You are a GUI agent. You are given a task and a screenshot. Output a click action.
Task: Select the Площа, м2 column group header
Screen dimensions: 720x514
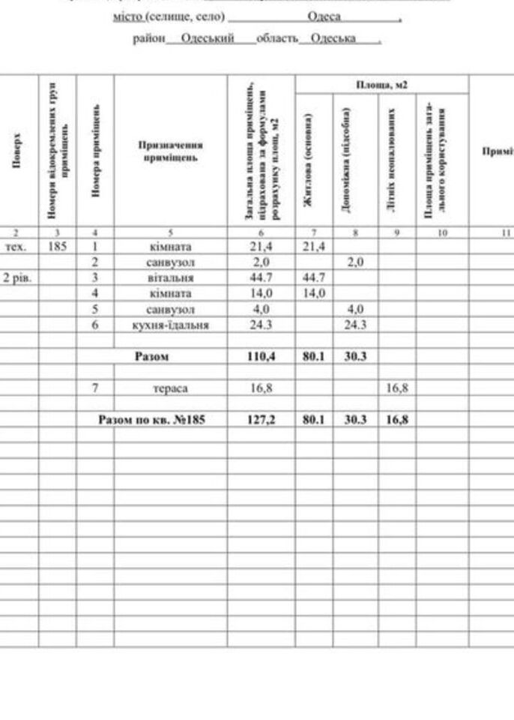pyautogui.click(x=381, y=84)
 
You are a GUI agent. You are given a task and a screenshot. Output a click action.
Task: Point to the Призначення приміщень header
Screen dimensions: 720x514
pyautogui.click(x=170, y=151)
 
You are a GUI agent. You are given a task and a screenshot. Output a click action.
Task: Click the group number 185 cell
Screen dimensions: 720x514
pyautogui.click(x=57, y=246)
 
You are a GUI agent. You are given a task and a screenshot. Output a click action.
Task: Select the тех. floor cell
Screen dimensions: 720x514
pyautogui.click(x=16, y=246)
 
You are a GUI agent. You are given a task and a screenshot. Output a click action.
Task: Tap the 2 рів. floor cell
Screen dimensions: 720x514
pyautogui.click(x=16, y=278)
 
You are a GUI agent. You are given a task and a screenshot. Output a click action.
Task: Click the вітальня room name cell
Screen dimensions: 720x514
pyautogui.click(x=170, y=278)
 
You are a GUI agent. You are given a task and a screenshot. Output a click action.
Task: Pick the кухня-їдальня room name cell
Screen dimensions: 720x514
pyautogui.click(x=170, y=325)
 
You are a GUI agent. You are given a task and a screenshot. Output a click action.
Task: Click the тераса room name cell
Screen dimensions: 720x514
pyautogui.click(x=170, y=388)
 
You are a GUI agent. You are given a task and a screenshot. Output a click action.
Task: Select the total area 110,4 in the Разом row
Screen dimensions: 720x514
pyautogui.click(x=261, y=357)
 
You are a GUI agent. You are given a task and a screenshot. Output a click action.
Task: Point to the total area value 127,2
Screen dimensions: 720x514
pyautogui.click(x=261, y=420)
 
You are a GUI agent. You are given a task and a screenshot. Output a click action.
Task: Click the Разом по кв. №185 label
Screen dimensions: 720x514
pyautogui.click(x=152, y=420)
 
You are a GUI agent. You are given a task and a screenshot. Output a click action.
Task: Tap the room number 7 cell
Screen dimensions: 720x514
pyautogui.click(x=95, y=388)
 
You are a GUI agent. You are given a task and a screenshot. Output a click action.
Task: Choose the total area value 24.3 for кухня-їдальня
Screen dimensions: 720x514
pyautogui.click(x=261, y=325)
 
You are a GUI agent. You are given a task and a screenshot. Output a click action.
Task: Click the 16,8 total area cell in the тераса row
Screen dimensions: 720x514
pyautogui.click(x=261, y=388)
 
